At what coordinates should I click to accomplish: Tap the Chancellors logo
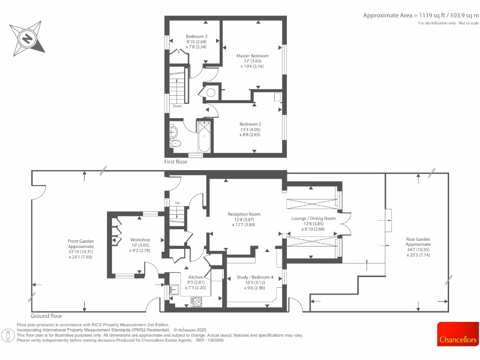pos(457,335)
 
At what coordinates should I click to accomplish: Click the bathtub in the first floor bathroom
pos(204,136)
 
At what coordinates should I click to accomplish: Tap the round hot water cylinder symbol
pos(211,92)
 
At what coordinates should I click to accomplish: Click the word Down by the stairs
pos(177,106)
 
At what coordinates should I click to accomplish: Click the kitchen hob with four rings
pos(196,302)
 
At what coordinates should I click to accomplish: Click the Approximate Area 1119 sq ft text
pos(421,15)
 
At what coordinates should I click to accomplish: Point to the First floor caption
pos(176,162)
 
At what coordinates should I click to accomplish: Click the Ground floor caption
pos(46,316)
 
